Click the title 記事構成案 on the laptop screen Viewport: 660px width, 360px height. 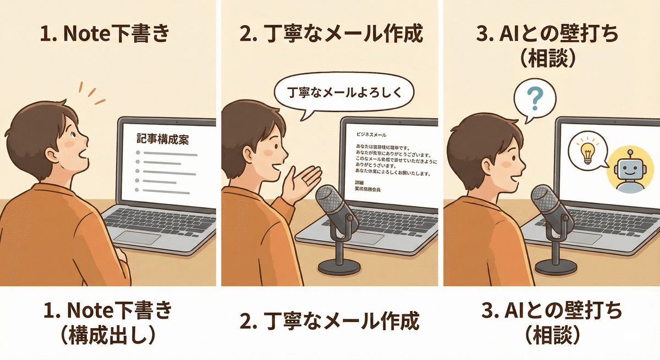[x=162, y=140]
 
